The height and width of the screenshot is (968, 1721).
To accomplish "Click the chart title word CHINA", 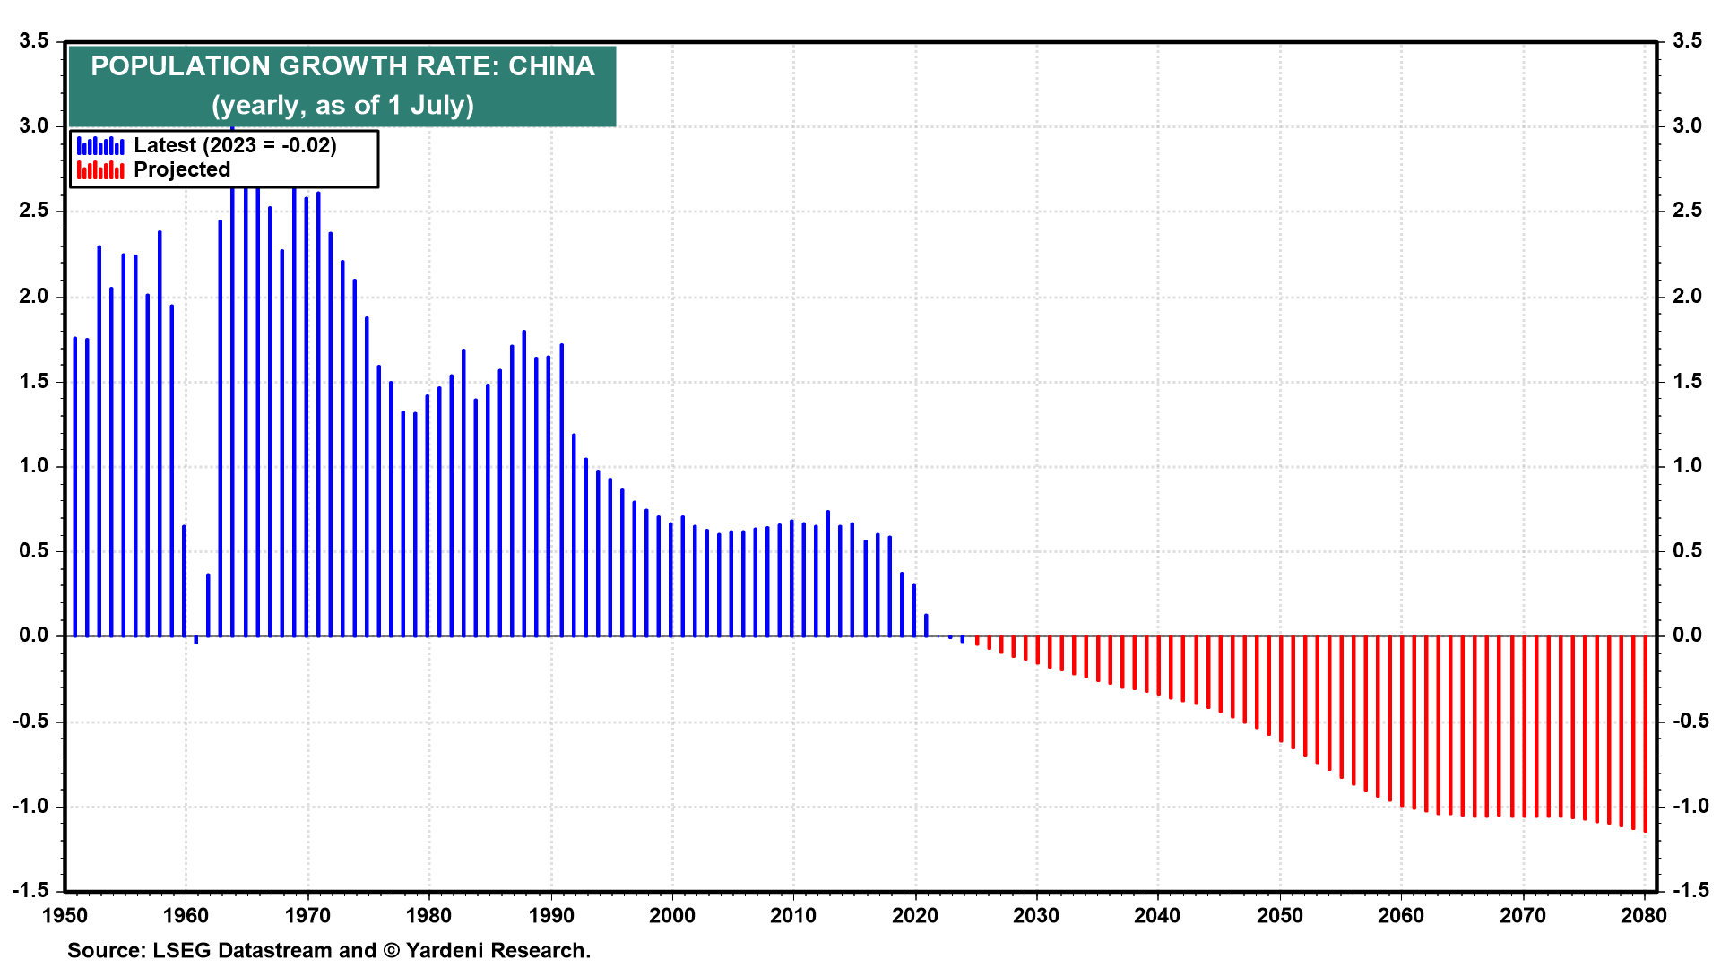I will point(551,66).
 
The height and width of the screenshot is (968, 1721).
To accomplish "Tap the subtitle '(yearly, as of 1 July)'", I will point(342,106).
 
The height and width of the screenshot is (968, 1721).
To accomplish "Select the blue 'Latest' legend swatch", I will point(100,146).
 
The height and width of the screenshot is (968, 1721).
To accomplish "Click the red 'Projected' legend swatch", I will point(100,170).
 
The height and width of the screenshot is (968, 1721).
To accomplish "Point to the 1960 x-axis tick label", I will point(186,916).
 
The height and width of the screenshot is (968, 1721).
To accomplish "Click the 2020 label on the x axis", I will point(915,916).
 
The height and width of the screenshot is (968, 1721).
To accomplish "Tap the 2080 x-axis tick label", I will point(1644,916).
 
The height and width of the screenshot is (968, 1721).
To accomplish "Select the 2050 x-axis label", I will point(1279,916).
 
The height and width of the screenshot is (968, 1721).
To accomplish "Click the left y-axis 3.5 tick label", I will point(34,41).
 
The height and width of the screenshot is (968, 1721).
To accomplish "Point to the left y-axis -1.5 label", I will point(31,891).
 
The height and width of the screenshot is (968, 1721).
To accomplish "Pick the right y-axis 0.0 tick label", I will point(1687,635).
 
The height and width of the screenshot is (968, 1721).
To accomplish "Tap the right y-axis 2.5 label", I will point(1687,211).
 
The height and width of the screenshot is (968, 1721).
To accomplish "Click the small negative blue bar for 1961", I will point(196,640).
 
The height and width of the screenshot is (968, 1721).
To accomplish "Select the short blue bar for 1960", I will point(184,581).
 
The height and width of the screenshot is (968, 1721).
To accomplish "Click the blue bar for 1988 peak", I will point(524,484).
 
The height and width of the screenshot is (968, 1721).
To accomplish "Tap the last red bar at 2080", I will point(1646,735).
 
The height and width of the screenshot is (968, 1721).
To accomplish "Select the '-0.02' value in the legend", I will point(306,146).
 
